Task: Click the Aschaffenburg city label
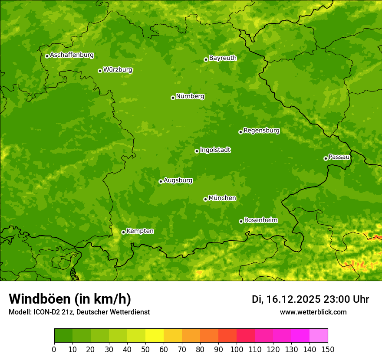click(72, 55)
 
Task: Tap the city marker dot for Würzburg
click(100, 71)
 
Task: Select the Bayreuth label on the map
click(223, 58)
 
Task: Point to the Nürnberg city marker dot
click(173, 98)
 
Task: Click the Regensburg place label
click(261, 131)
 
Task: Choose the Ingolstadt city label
click(215, 150)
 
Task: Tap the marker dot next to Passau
click(326, 158)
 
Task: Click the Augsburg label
click(178, 180)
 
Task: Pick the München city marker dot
click(205, 199)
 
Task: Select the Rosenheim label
click(260, 220)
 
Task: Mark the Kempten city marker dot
click(123, 232)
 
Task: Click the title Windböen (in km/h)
click(70, 299)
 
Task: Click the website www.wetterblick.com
click(313, 312)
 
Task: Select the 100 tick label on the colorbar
click(237, 349)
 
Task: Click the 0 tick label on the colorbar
click(54, 349)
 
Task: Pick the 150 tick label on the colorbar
click(328, 349)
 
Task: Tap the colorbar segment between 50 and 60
click(155, 336)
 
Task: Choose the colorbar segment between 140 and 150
click(319, 336)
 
